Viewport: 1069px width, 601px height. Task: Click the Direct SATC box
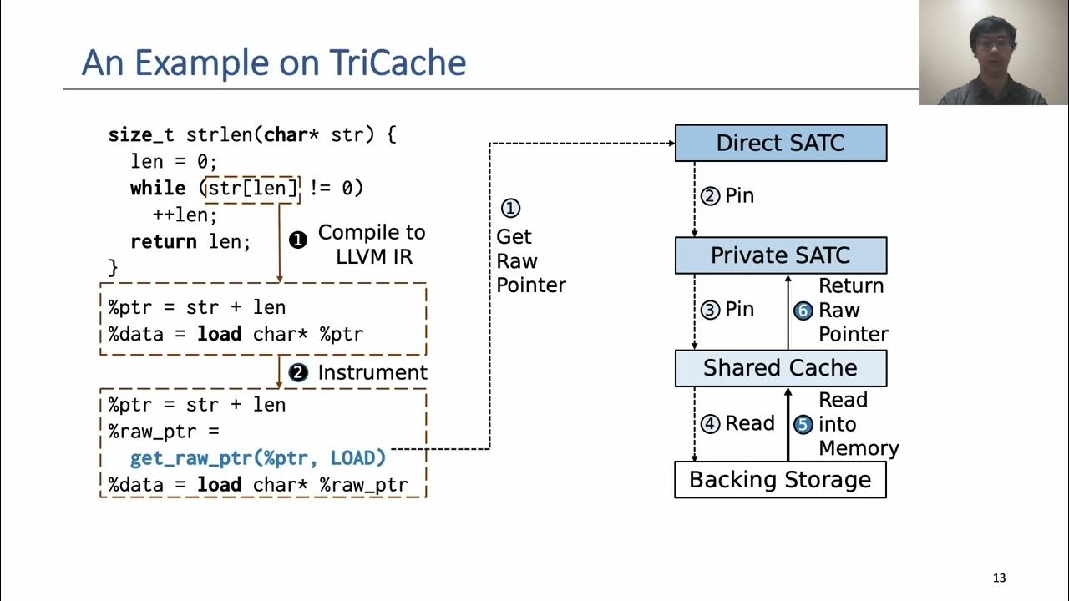[780, 143]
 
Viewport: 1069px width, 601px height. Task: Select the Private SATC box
[780, 255]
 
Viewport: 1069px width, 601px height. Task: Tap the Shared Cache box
[780, 368]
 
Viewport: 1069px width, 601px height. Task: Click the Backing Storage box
[780, 480]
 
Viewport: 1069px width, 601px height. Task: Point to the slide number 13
[999, 578]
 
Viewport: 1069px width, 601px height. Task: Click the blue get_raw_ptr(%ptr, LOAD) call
[258, 458]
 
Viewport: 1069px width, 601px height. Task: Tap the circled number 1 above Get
[509, 208]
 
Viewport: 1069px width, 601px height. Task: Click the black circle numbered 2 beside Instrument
[298, 373]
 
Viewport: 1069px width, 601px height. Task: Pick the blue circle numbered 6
[803, 311]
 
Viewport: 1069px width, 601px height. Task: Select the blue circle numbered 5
[803, 424]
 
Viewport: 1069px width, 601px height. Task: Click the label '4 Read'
[738, 424]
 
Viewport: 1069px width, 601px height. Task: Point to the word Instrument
[372, 372]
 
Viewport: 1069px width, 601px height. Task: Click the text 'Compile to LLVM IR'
[372, 244]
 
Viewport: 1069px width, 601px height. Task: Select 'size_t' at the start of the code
[141, 134]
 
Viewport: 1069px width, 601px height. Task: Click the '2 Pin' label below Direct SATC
[727, 196]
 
